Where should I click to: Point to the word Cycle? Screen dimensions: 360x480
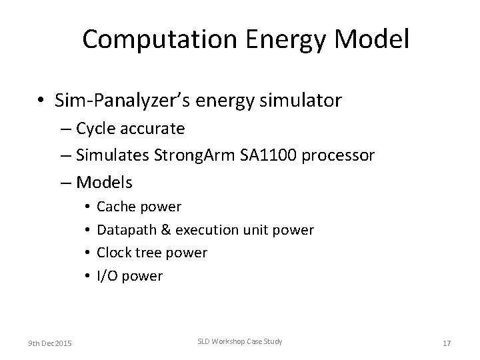coord(97,129)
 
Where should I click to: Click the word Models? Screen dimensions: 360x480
coord(105,181)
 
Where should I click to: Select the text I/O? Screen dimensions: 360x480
coord(107,276)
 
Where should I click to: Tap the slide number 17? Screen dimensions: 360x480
coord(447,343)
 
